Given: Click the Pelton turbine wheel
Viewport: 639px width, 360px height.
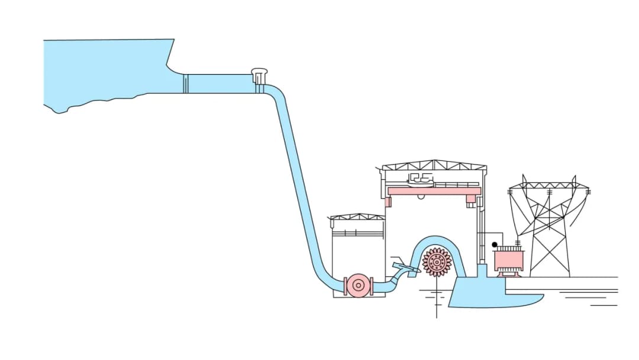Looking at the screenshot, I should coord(437,262).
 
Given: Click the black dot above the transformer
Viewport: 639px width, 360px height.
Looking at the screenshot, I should coord(495,245).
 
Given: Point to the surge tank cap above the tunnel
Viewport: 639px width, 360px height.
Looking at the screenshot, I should coord(259,73).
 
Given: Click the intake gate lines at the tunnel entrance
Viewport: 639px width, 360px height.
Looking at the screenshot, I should coord(185,83).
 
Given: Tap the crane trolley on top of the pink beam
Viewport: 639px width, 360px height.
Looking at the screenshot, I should coord(421,178).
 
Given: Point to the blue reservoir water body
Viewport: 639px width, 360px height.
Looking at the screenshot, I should coord(106,71).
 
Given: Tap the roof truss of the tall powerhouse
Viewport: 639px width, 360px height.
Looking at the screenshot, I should coord(434,165).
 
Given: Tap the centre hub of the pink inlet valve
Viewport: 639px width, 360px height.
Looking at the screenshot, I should coord(357,286).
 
